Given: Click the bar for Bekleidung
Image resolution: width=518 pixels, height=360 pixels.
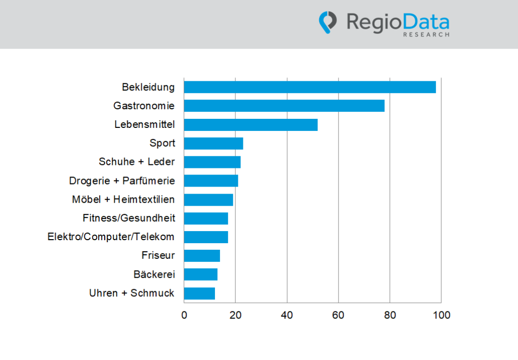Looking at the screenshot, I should tap(310, 87).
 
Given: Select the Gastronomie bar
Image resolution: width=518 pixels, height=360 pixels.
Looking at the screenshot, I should tap(284, 106).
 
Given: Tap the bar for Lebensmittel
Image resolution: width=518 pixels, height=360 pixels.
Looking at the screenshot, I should tap(250, 124).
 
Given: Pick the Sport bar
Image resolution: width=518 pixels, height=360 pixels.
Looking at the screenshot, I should tap(213, 143).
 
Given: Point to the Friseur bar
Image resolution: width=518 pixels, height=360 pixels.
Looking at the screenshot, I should tap(202, 255).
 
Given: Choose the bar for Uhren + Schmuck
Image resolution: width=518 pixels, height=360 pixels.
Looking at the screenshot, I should tap(199, 293).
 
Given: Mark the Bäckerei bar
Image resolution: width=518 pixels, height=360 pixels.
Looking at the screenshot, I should tap(200, 274).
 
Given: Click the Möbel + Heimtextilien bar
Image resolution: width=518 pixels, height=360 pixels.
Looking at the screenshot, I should tap(208, 199).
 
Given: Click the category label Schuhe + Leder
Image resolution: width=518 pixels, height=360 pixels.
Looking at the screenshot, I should tap(137, 162).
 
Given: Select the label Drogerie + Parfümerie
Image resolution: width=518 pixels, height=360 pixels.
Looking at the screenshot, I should tap(122, 181).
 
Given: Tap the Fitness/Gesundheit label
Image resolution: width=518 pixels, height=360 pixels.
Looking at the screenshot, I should tap(128, 218).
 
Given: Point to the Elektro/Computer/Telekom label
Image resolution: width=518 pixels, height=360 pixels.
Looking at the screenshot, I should tap(111, 237).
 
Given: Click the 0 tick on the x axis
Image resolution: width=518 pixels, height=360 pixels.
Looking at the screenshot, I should tap(184, 315).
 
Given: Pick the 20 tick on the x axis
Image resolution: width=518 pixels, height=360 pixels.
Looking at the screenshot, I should tap(235, 315).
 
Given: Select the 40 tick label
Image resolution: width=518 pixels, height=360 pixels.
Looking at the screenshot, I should tap(287, 315).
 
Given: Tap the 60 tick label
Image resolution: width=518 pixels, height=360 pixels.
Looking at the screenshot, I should tap(338, 315).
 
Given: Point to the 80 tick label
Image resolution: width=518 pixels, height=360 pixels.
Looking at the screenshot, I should tap(390, 315).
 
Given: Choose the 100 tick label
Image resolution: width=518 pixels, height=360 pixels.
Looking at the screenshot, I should tap(441, 315).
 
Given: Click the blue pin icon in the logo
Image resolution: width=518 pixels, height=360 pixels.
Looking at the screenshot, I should tap(327, 22).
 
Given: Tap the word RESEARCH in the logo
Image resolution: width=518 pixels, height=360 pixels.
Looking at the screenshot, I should tap(426, 35).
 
